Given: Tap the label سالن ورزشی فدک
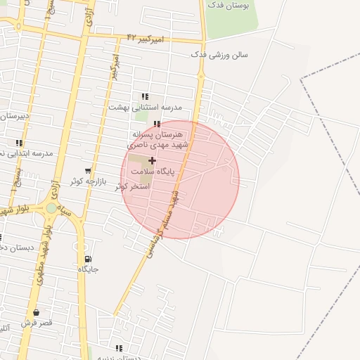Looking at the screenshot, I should point(219,54).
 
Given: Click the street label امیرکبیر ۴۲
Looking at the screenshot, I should point(146,38).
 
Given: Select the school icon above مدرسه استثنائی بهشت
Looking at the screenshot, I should point(145,96).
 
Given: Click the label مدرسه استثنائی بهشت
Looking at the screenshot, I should point(146,107).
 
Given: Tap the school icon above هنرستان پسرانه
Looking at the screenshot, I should point(157,124).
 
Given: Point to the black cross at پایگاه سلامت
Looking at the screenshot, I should point(152,160).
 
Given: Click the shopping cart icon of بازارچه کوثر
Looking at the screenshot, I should point(88,170).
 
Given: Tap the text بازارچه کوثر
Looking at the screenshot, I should point(86,181).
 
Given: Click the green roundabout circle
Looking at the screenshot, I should point(51,208).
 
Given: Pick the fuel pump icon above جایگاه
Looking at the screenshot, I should point(88,259).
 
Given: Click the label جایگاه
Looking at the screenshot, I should point(88,269).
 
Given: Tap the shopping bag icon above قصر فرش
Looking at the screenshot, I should point(36,312).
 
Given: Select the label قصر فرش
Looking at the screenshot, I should point(36,323).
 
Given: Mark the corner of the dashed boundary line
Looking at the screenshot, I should point(301,80).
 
